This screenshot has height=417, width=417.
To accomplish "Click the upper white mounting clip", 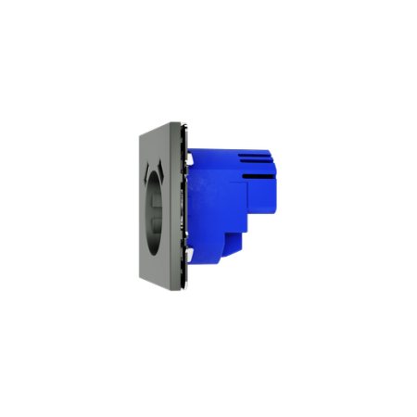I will (x=188, y=159).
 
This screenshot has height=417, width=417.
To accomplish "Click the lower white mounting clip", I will (x=188, y=253).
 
